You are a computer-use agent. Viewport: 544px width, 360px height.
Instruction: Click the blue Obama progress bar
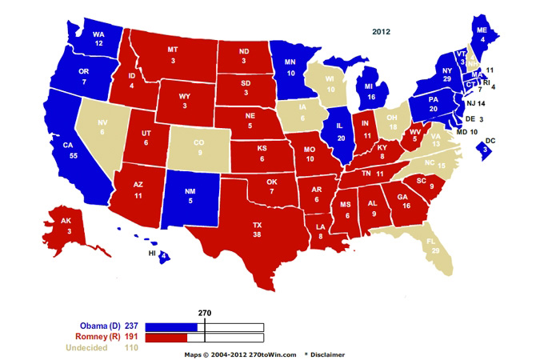click(173, 326)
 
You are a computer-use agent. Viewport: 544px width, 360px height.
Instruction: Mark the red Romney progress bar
click(163, 338)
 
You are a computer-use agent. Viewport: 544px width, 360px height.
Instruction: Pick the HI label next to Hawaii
click(150, 254)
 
